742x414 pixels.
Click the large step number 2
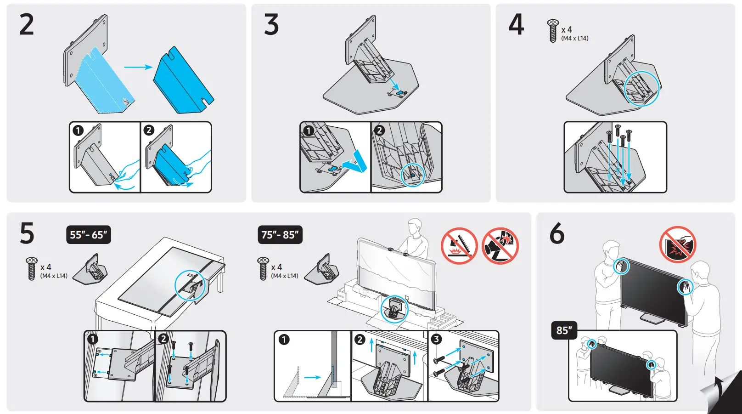click(27, 25)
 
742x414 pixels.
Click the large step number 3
click(271, 25)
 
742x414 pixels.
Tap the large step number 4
click(516, 25)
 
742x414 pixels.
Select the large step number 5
click(27, 233)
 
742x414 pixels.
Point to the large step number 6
click(557, 233)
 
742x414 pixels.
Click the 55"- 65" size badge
click(89, 235)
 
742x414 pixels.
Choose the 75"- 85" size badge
click(280, 235)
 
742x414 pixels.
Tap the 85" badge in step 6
click(564, 330)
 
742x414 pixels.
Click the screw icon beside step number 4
click(553, 31)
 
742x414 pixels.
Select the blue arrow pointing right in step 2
click(138, 67)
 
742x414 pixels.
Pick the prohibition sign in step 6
click(678, 244)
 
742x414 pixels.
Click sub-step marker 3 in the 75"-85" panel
click(436, 339)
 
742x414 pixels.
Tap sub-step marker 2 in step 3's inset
click(379, 130)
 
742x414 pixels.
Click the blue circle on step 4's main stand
click(642, 88)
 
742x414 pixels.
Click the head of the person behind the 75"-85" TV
click(415, 226)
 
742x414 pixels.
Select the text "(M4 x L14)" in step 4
click(574, 39)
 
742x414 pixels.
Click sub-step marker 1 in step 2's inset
click(78, 130)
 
